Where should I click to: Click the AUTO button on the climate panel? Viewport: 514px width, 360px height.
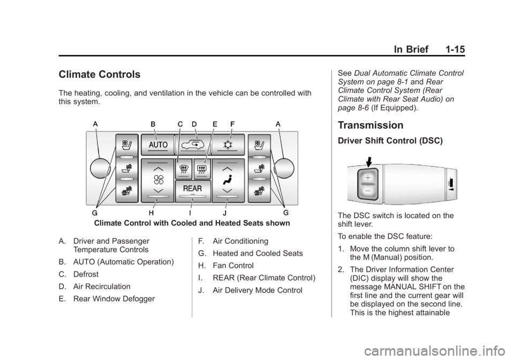(157, 145)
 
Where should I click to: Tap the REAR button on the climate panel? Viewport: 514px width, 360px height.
(192, 191)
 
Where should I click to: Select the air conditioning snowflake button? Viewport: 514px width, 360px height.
(228, 145)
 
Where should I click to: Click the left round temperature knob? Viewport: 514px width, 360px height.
(100, 168)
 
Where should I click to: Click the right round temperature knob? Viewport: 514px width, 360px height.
(284, 168)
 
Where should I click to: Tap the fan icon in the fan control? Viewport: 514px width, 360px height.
(158, 179)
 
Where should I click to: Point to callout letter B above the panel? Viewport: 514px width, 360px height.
(153, 124)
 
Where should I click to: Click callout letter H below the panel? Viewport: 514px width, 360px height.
(151, 213)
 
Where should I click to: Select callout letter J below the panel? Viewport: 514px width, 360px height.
(224, 213)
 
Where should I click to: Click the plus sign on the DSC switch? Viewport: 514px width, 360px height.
(368, 178)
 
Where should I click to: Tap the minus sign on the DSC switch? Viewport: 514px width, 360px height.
(368, 191)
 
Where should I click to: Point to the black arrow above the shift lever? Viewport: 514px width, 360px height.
(368, 162)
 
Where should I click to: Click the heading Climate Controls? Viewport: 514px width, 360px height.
(100, 74)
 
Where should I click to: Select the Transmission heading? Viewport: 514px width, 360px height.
(371, 125)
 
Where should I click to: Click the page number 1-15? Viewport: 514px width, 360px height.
(455, 49)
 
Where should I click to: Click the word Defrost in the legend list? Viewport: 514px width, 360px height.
(86, 274)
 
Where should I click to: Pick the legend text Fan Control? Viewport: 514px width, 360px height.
(233, 266)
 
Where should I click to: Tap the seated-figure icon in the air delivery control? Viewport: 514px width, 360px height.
(228, 179)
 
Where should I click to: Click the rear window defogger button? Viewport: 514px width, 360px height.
(202, 169)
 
